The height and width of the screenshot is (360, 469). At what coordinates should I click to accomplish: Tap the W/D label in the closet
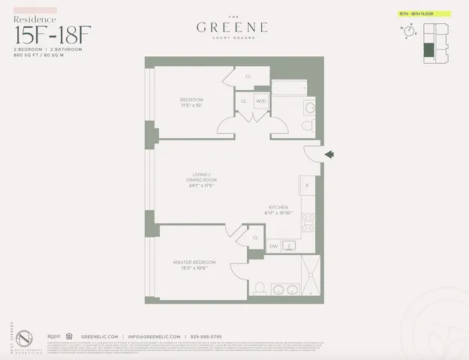(261, 101)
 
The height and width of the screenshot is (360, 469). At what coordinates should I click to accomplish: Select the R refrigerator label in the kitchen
(306, 184)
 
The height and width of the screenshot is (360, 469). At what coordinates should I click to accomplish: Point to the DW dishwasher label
(273, 245)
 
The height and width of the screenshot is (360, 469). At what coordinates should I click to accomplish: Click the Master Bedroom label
(194, 262)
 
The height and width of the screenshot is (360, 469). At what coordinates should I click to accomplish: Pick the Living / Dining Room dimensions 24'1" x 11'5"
(202, 186)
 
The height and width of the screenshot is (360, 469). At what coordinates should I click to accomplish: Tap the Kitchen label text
(279, 208)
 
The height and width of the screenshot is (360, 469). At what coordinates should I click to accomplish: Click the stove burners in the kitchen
(308, 222)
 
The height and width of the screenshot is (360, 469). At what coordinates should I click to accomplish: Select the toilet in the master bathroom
(259, 287)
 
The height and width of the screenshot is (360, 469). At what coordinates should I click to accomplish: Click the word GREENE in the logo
(233, 28)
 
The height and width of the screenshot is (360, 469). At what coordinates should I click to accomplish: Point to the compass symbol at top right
(408, 31)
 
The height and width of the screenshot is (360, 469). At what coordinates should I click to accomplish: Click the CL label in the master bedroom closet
(255, 238)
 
